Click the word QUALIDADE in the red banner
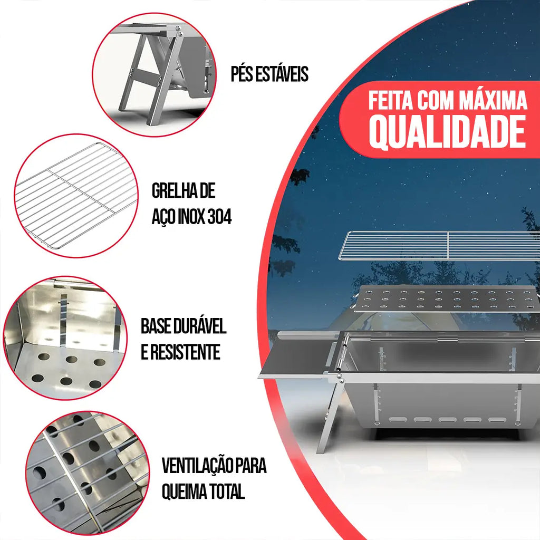click(x=447, y=132)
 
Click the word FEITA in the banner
click(x=391, y=101)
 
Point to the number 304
click(x=219, y=217)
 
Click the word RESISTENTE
click(x=185, y=352)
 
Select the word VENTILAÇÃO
click(x=194, y=465)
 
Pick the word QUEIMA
click(x=181, y=491)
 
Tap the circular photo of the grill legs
click(x=155, y=75)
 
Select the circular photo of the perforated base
click(x=65, y=338)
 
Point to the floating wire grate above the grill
click(x=439, y=245)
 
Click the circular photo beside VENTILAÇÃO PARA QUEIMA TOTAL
click(x=88, y=473)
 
